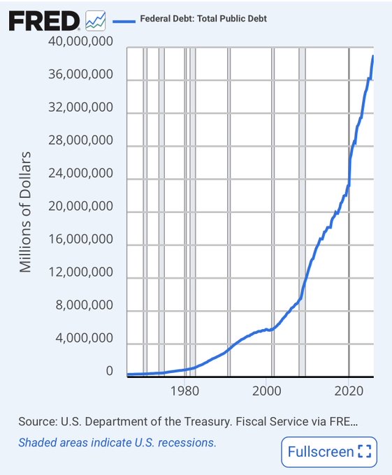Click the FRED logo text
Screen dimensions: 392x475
click(x=44, y=20)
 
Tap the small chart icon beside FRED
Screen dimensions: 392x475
click(x=96, y=20)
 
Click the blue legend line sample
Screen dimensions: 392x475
click(x=124, y=21)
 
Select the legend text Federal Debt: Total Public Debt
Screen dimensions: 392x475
click(x=203, y=18)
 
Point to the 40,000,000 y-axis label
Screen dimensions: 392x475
click(x=80, y=41)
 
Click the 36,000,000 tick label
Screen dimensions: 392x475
click(x=80, y=74)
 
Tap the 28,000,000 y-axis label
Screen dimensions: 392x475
click(x=80, y=140)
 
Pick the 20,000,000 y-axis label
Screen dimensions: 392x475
click(x=80, y=206)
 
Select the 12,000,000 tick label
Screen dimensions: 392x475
click(x=80, y=272)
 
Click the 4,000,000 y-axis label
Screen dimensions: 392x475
click(x=85, y=338)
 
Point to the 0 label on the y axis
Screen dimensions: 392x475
click(x=110, y=371)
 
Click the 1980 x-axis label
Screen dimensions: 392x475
click(x=184, y=390)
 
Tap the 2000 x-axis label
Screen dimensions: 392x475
click(x=267, y=390)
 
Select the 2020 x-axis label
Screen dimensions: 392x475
click(x=349, y=390)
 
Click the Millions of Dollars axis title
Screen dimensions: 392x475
click(x=25, y=212)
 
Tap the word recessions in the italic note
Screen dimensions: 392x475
click(x=187, y=443)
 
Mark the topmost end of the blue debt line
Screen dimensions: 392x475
click(x=373, y=56)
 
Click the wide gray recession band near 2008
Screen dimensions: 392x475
click(x=302, y=212)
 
